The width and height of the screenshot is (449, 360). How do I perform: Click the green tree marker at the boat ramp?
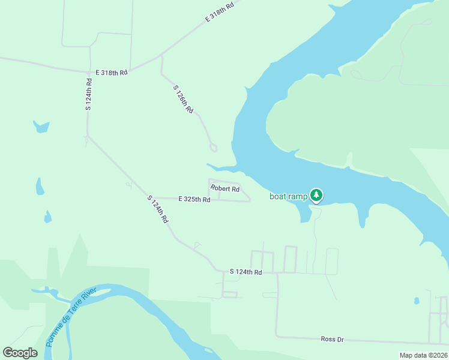coord(316,195)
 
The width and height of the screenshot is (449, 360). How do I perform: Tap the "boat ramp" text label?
coord(288,196)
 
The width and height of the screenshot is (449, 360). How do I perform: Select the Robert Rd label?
coord(225,188)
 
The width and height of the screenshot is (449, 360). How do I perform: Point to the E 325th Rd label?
coord(194,199)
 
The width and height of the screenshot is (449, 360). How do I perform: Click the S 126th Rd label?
coord(183,100)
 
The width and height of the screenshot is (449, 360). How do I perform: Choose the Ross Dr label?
coord(332,340)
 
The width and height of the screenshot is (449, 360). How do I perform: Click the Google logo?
coord(20,353)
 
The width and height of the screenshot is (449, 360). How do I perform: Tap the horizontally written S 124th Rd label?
coord(246,272)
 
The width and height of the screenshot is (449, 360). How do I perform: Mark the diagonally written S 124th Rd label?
coord(158,209)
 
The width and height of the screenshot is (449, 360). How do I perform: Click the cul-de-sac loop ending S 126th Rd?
coord(213,148)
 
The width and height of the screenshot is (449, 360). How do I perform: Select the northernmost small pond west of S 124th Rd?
coord(41,127)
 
